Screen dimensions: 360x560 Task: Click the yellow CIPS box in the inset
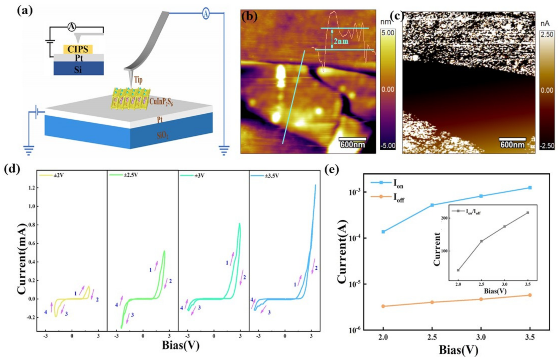[77, 49]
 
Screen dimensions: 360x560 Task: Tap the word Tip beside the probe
[138, 80]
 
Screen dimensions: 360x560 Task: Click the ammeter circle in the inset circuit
[71, 27]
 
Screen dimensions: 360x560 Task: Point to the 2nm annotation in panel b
[341, 40]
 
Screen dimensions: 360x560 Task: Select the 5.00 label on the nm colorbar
[388, 33]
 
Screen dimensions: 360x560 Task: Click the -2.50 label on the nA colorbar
[547, 146]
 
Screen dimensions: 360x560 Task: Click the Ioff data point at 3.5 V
[530, 295]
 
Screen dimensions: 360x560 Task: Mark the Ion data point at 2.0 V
[383, 232]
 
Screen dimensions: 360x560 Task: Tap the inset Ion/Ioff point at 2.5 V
[481, 241]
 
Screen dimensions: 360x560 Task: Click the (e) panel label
[332, 170]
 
